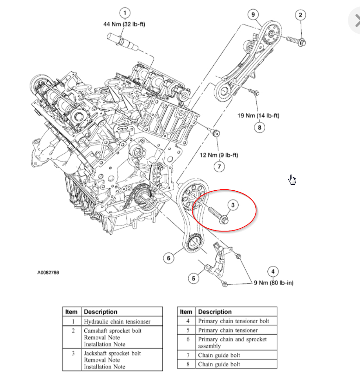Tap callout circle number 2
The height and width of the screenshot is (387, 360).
tap(300, 15)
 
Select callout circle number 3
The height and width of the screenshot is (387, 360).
tap(233, 204)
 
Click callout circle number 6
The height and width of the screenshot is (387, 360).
tap(169, 257)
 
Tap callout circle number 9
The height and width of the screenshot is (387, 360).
tap(253, 14)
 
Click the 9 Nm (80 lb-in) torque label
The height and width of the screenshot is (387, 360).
tap(273, 283)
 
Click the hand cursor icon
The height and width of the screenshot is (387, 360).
tap(292, 179)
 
